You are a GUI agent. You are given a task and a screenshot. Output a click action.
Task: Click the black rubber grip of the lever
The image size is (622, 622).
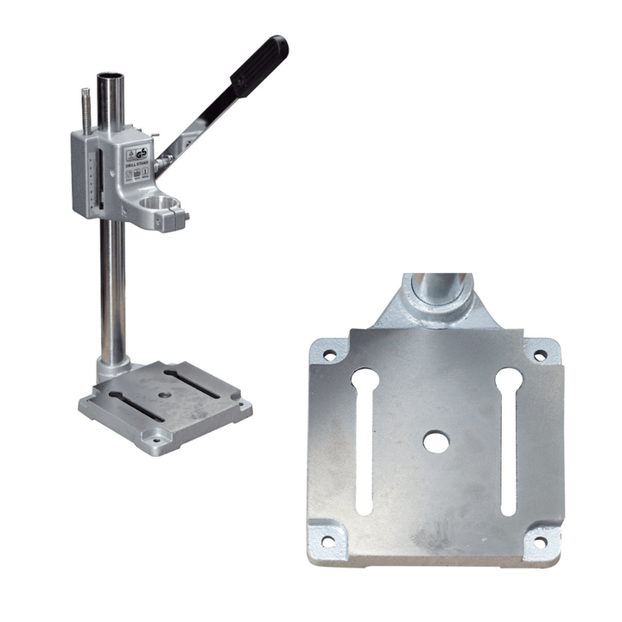pos(259,65)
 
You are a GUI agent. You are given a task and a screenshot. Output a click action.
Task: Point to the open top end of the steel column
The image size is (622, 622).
pos(110,78)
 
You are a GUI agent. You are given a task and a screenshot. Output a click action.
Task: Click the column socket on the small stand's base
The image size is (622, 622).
pos(111,369)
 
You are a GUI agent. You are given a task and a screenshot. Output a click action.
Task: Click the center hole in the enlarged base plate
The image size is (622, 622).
pos(435,442)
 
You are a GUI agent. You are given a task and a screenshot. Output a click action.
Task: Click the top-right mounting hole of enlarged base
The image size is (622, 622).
pos(540,355)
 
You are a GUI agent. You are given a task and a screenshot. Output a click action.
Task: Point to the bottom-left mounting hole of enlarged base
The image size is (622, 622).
pos(328,542)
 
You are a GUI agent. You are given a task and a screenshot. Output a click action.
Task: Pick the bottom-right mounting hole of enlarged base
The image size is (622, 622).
pos(540,543)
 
